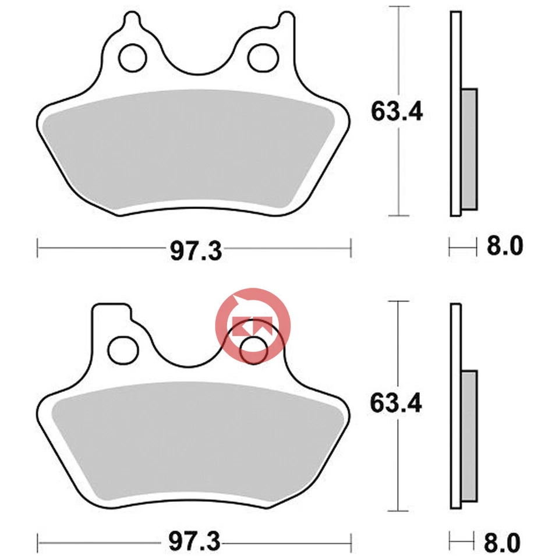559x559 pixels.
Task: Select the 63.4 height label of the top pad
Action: click(x=396, y=111)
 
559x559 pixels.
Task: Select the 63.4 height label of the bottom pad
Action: click(x=396, y=402)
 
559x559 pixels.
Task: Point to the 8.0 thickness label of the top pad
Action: click(x=505, y=246)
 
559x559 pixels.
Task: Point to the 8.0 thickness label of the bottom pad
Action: click(x=505, y=543)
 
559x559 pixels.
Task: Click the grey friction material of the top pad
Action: click(x=186, y=151)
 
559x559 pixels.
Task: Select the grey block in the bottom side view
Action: click(x=469, y=437)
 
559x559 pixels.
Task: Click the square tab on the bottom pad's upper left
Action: click(x=111, y=314)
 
